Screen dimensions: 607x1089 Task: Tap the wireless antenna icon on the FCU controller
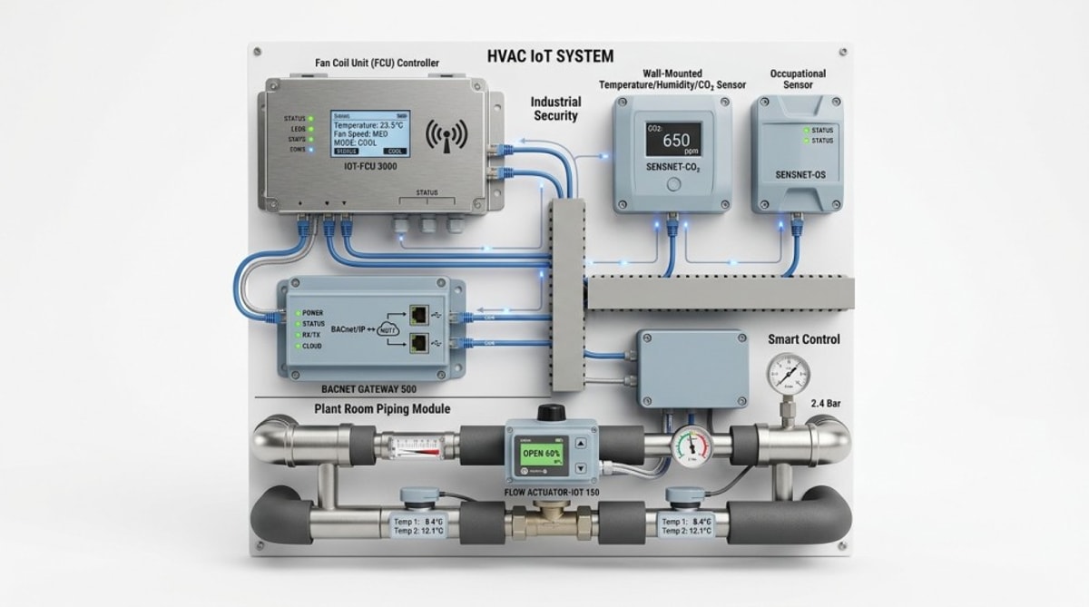tap(446, 135)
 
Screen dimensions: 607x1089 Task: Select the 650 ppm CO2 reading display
tap(673, 141)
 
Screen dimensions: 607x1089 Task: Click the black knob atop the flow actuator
tap(547, 413)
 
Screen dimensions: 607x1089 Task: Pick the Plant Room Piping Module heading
tap(382, 409)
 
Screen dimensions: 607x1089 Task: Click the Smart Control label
tap(803, 339)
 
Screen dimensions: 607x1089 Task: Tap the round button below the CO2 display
tap(673, 185)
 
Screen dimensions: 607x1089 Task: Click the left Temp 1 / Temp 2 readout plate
tap(419, 525)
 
